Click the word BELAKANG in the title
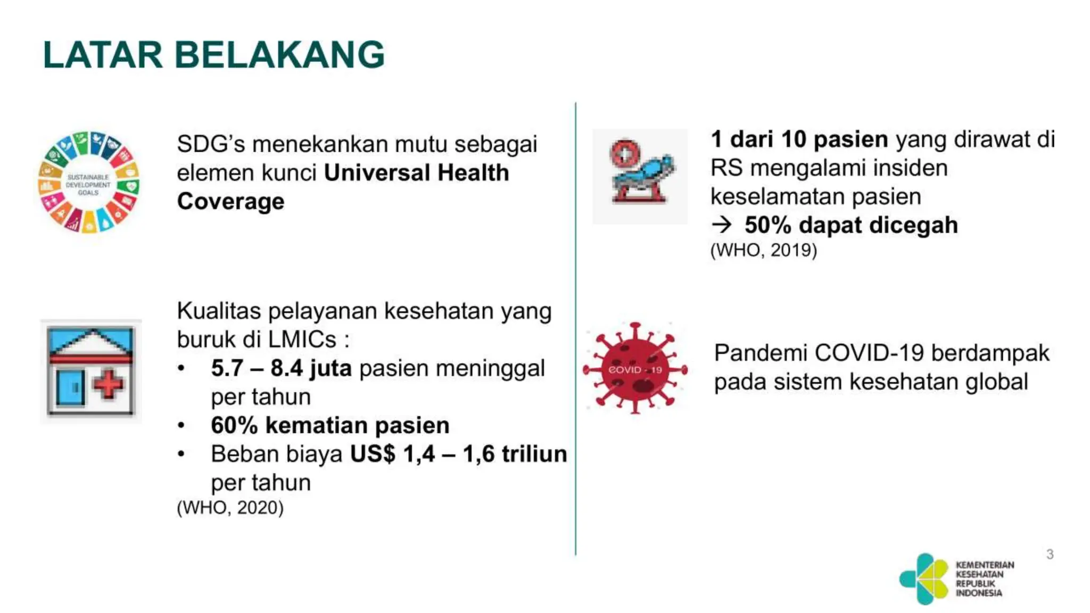(279, 55)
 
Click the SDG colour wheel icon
(89, 182)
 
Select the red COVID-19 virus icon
(635, 368)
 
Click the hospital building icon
(91, 371)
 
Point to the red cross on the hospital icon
(109, 384)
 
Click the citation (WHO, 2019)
(763, 250)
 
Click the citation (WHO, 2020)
(230, 508)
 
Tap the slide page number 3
(1050, 554)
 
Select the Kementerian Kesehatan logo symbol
(924, 579)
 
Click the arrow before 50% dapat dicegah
(722, 225)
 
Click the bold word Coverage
(230, 202)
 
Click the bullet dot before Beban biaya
(181, 454)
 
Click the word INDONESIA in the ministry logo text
(978, 593)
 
